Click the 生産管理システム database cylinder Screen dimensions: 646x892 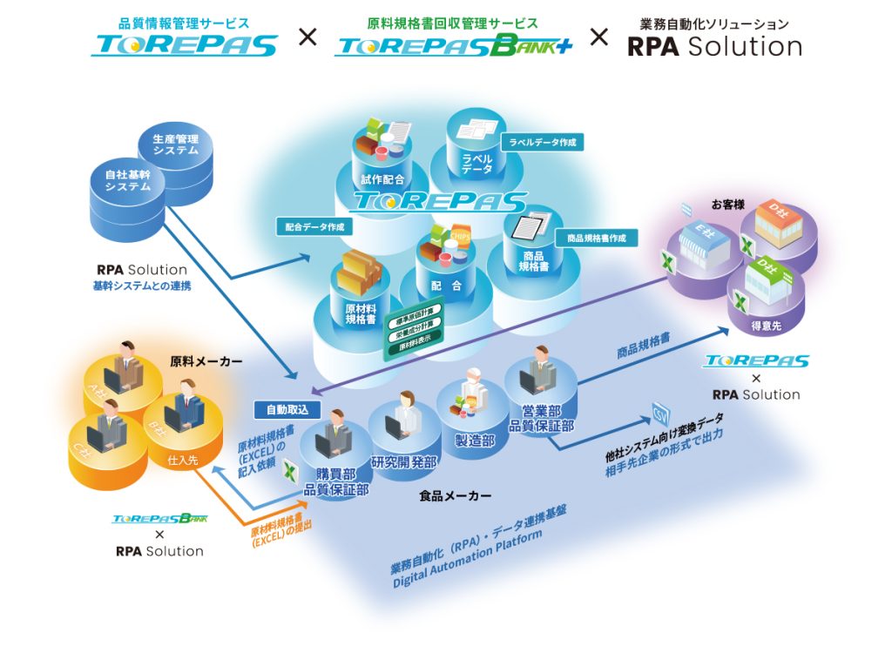pos(175,148)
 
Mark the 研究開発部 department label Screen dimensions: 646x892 pos(403,462)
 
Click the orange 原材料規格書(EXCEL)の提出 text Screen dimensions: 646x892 pos(280,530)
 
